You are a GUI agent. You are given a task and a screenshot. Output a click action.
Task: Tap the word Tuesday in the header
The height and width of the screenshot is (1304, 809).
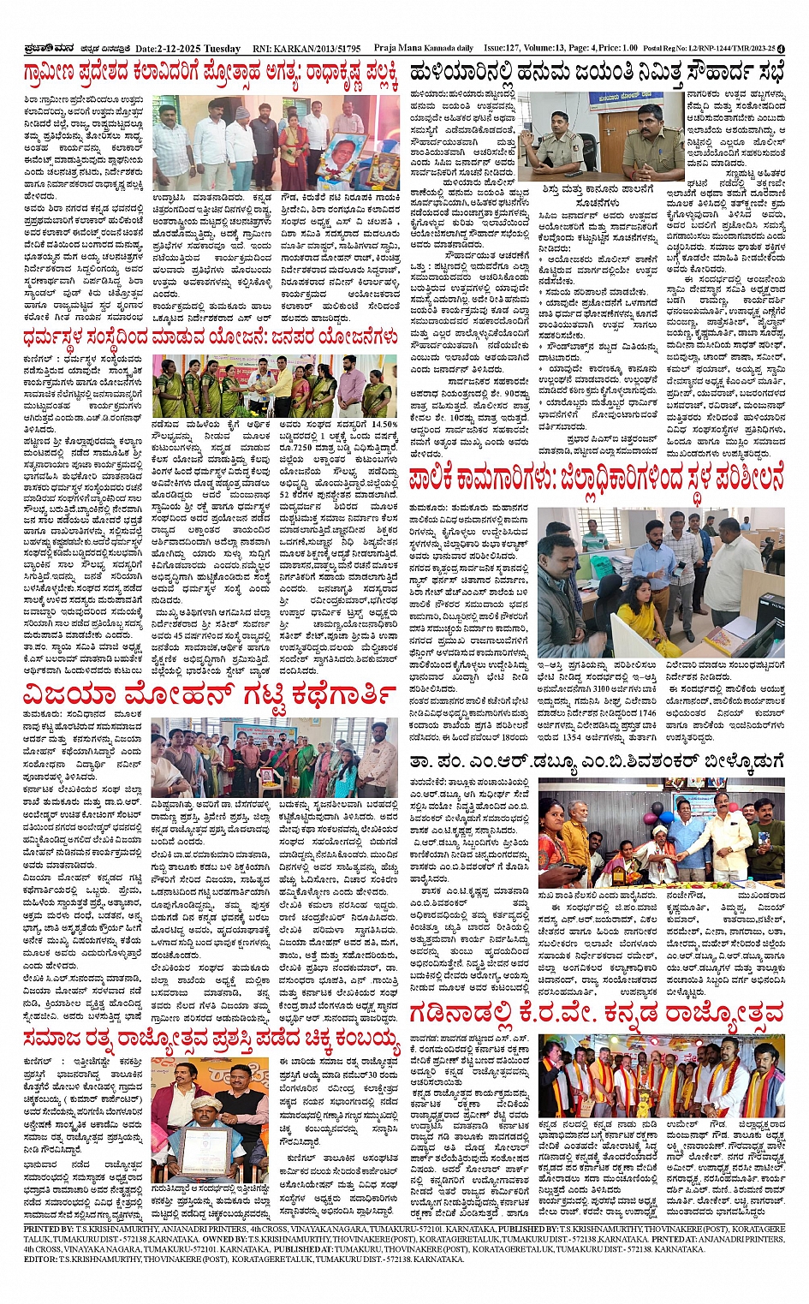(222, 49)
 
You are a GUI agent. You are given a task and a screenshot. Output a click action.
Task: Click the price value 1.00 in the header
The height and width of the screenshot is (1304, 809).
(629, 49)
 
